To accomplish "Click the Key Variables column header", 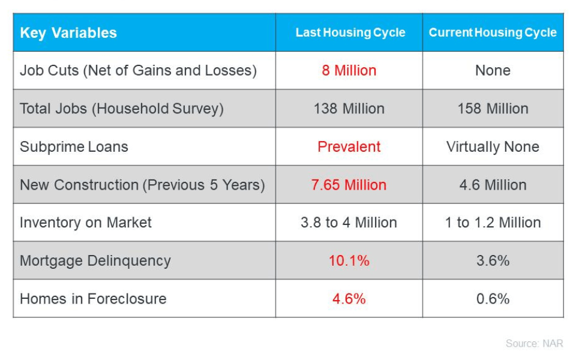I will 68,32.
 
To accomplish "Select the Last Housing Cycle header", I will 350,32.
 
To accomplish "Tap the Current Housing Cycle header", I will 493,32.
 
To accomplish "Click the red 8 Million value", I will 349,70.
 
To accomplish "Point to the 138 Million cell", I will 349,109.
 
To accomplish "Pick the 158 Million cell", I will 493,109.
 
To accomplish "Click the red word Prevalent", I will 349,146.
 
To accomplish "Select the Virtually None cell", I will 493,146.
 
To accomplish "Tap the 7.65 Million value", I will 349,185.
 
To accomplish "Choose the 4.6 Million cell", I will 493,185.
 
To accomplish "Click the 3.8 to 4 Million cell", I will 349,223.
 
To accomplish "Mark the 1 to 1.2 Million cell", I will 493,223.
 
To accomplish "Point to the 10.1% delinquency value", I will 349,260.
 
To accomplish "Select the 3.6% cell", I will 493,260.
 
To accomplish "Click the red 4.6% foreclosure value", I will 349,299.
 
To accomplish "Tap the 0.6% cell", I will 493,299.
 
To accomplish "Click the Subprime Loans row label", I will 74,146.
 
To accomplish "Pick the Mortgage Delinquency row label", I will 95,260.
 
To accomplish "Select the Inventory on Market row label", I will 85,223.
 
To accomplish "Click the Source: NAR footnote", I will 534,343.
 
